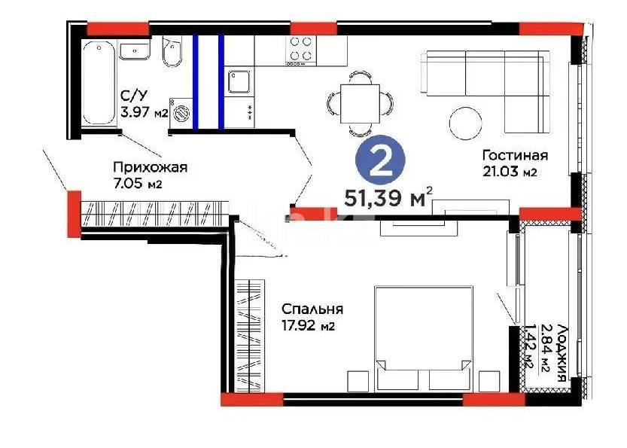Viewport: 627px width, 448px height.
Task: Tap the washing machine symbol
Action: [181, 112]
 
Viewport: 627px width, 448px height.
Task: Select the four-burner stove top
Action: [302, 50]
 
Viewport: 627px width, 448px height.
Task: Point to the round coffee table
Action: [464, 122]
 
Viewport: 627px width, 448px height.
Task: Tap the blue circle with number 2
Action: [380, 163]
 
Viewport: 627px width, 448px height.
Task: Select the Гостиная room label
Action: [514, 156]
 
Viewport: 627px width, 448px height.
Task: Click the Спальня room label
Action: [312, 309]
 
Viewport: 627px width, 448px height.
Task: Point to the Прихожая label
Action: [150, 167]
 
